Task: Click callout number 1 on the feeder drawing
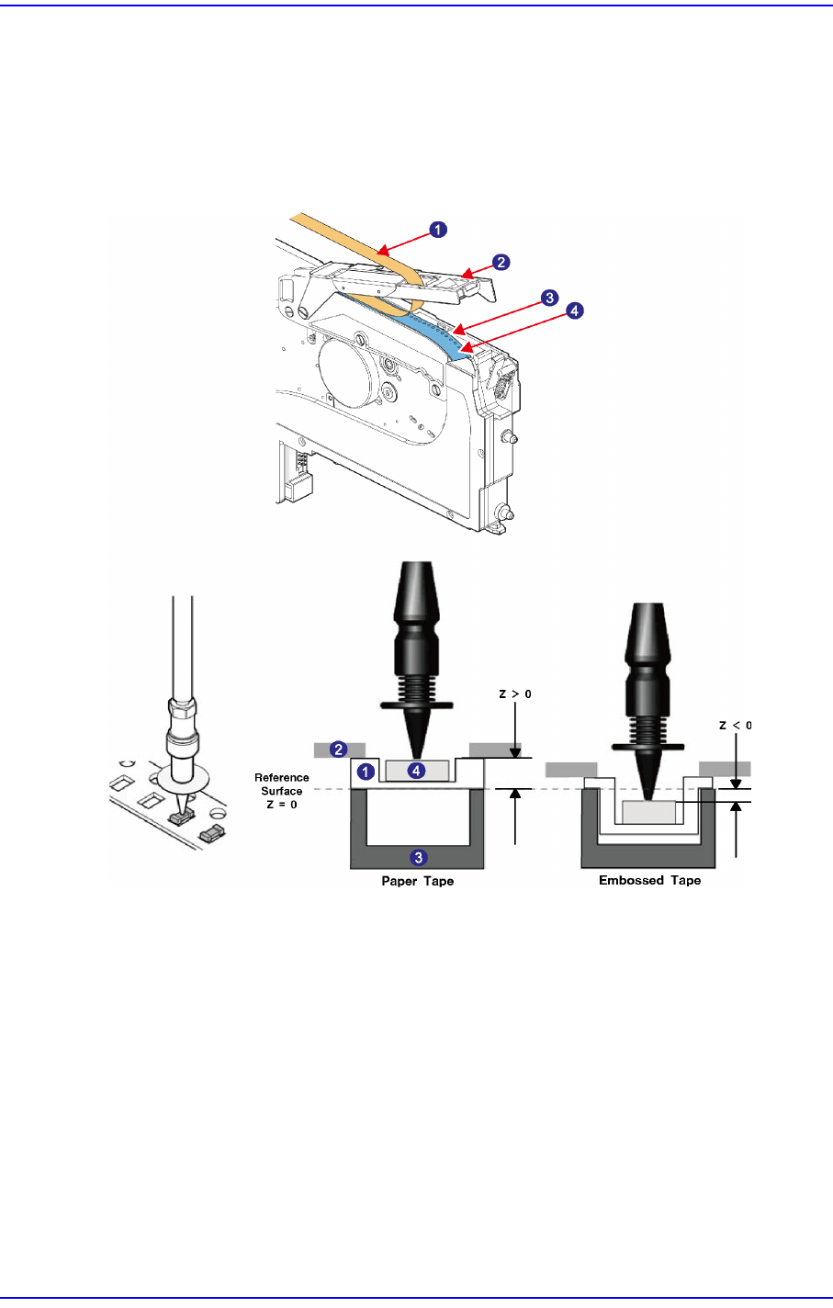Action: point(439,231)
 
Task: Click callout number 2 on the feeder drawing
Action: point(501,262)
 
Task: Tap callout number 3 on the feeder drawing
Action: point(548,298)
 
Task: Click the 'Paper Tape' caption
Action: point(418,882)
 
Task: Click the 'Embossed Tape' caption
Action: point(649,881)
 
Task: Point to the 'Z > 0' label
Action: point(515,694)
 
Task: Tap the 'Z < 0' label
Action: point(736,726)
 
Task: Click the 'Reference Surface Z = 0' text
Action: point(281,791)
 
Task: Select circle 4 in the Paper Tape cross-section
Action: point(417,771)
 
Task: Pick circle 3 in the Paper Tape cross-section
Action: point(418,857)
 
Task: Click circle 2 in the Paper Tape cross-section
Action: point(339,750)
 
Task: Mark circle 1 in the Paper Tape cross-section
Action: point(365,772)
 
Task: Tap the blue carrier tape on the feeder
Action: point(432,326)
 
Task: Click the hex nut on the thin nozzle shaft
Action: point(184,711)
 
